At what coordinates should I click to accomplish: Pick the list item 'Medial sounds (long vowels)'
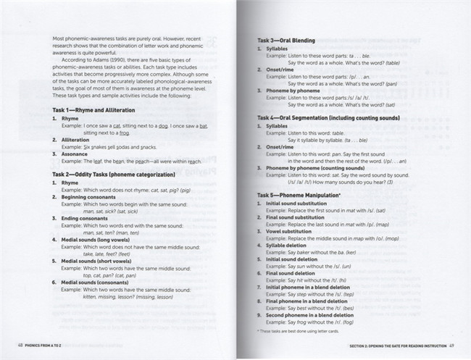coord(101,238)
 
